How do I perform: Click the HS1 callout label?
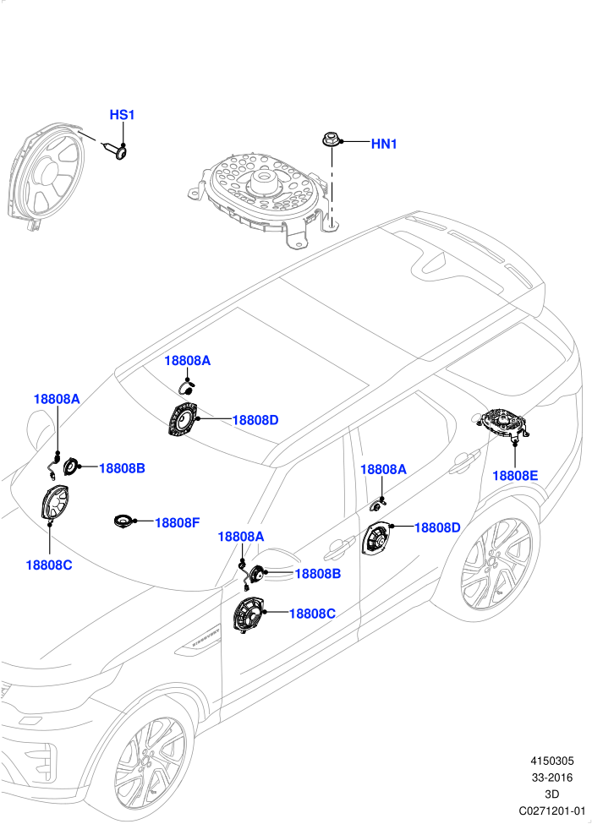point(122,114)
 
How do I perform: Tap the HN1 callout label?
point(384,144)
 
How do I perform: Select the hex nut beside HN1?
point(329,140)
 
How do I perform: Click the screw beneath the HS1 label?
point(116,150)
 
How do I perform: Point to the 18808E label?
point(515,476)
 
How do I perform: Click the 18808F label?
point(177,522)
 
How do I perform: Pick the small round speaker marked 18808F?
point(124,521)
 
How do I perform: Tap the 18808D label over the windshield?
point(255,420)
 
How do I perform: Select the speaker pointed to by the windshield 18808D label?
point(183,421)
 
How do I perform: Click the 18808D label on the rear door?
point(437,527)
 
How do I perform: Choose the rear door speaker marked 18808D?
point(377,538)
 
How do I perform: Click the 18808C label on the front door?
point(312,614)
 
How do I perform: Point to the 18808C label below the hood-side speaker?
point(49,565)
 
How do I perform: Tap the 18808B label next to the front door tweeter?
point(318,574)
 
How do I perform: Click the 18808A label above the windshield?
point(188,361)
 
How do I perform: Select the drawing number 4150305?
point(551,761)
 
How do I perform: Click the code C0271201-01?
point(552,810)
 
